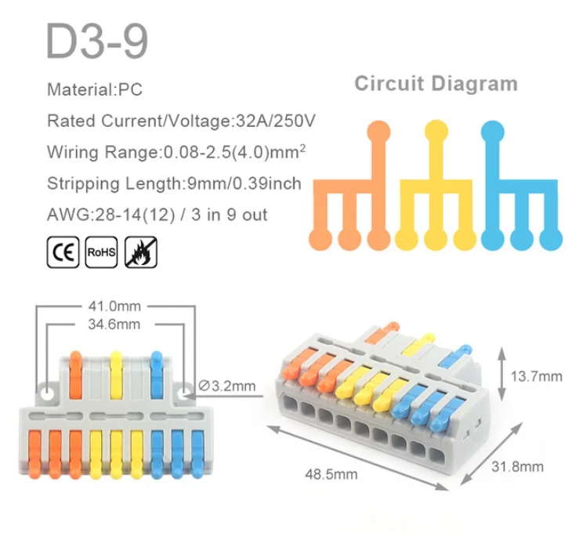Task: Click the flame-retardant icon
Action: coord(142,254)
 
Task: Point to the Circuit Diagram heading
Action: coord(436,84)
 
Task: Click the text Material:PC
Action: coord(95,89)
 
